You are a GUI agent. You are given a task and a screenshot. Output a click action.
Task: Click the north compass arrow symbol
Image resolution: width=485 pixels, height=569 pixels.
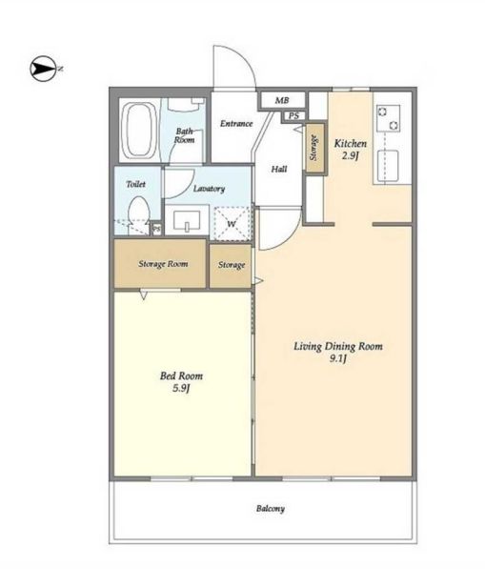point(43,69)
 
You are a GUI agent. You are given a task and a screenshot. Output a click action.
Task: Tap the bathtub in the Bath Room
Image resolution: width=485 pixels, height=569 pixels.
point(139,131)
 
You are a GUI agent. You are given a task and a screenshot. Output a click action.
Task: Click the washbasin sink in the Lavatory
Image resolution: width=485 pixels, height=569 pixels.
point(187,220)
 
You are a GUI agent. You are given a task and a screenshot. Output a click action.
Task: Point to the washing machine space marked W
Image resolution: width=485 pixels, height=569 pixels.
point(232,224)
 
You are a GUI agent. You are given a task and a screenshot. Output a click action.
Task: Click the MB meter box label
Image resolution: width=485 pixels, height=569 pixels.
point(282,100)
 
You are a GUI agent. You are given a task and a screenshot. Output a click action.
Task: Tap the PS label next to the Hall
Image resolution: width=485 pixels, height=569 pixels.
point(293,116)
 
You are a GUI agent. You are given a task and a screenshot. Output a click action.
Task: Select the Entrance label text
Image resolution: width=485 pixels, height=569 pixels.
point(236,124)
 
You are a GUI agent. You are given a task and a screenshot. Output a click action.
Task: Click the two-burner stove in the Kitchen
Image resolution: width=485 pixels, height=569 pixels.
point(388,118)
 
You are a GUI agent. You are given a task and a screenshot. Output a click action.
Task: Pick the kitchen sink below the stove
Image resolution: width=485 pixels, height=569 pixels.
point(388,166)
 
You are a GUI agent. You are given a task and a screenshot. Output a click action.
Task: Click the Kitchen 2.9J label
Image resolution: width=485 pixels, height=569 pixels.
point(350,150)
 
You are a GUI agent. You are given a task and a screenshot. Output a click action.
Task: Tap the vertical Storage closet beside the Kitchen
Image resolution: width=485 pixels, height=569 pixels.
point(314,148)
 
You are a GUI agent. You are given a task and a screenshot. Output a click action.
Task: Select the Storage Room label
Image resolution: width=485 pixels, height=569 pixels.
point(163,264)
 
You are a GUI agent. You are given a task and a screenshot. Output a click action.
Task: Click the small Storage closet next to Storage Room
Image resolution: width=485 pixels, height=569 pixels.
point(231,266)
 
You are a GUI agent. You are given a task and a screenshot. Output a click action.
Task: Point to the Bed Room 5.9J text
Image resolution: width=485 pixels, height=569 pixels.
point(181,382)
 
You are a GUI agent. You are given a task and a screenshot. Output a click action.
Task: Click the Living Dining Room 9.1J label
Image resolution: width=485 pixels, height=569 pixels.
point(338,353)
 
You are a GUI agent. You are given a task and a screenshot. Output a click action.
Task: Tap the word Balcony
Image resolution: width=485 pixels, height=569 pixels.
point(271,509)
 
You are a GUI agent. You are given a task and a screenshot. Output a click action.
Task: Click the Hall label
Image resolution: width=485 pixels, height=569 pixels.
point(279,169)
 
